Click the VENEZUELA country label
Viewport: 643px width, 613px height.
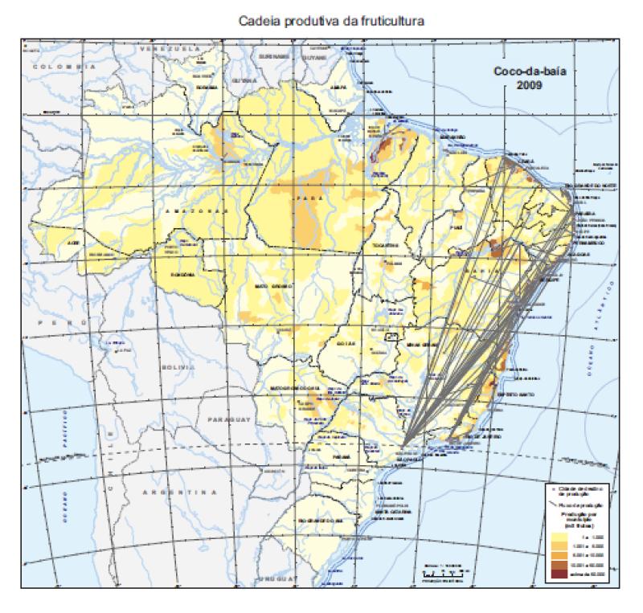coord(170,49)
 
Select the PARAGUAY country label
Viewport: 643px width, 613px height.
coord(231,420)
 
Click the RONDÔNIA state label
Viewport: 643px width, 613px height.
coord(183,274)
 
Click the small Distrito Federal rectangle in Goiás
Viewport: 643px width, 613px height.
coord(393,337)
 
